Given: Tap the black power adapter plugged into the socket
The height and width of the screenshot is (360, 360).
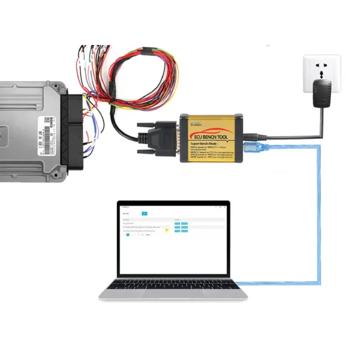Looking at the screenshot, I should point(323,92).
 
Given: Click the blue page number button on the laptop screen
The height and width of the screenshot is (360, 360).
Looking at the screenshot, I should point(128,235).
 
